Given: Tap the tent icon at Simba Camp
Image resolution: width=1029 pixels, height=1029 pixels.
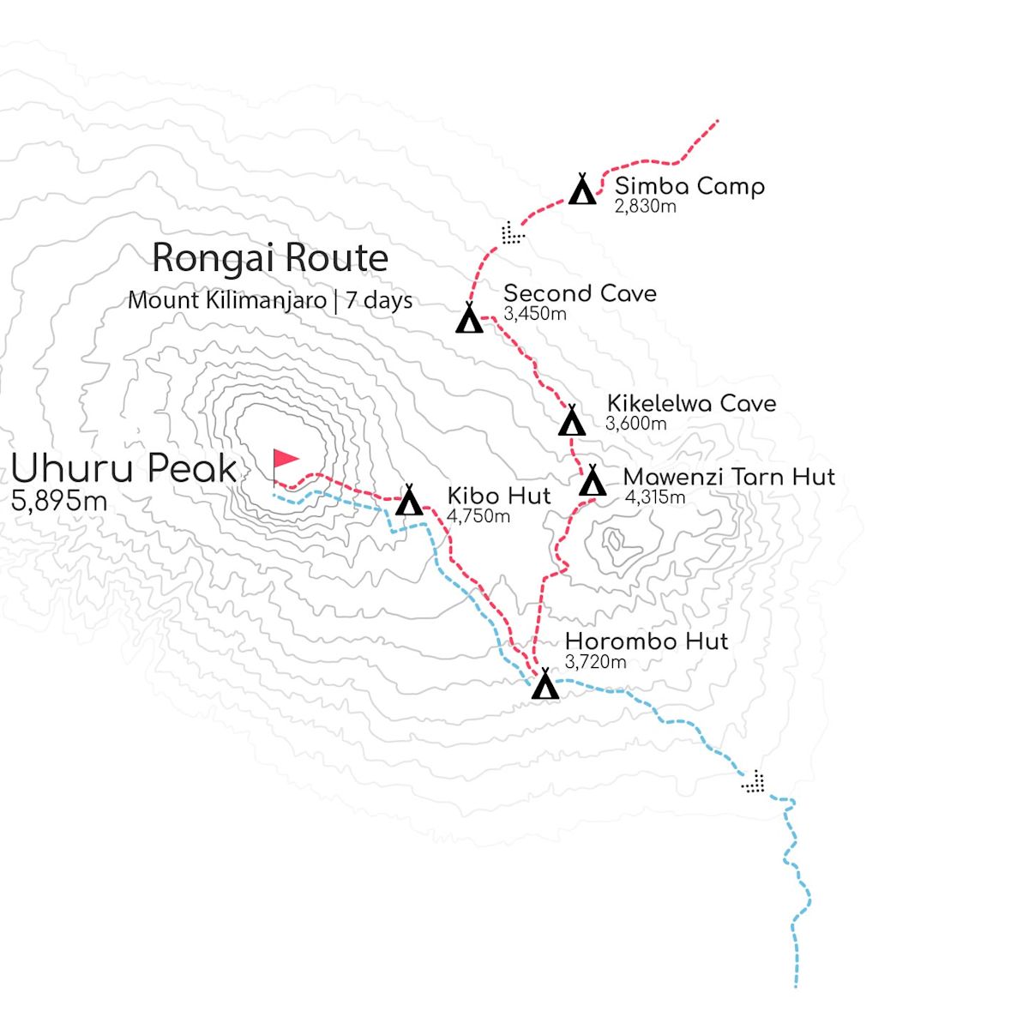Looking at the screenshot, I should tap(583, 190).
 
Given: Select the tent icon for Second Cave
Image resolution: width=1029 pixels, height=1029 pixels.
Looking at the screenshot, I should tap(469, 319).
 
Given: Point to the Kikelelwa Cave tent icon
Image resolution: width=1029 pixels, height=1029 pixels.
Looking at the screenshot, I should tap(572, 421).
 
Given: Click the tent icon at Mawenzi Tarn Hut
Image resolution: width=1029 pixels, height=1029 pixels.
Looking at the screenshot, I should tap(593, 482).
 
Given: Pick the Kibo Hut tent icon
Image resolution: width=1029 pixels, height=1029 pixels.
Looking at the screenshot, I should tap(410, 502).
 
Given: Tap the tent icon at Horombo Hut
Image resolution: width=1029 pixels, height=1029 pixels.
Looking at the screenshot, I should tap(545, 686).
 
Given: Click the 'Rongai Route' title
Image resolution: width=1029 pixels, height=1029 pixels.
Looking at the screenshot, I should tap(270, 258).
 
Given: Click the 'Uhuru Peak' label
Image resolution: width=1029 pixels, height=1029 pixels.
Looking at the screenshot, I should tap(123, 469).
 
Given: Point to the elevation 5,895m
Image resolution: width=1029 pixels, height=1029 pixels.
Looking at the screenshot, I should tap(59, 502).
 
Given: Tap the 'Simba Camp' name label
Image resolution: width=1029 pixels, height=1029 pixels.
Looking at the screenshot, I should tap(689, 186).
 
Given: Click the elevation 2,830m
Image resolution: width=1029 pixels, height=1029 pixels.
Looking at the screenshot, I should tap(645, 206).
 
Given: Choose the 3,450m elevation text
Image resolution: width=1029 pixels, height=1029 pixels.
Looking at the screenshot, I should tap(535, 313).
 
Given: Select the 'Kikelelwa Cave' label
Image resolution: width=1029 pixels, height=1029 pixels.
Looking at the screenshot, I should tap(691, 403).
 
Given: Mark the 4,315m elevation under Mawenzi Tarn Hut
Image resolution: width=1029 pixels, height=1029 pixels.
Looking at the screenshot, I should tap(654, 496).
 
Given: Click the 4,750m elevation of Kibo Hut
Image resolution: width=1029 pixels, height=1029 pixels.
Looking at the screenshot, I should tap(478, 515).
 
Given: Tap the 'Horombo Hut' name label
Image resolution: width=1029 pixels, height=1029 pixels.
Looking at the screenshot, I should tap(647, 641).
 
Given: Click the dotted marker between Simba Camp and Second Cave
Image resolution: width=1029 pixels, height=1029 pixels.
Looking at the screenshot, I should tap(512, 232).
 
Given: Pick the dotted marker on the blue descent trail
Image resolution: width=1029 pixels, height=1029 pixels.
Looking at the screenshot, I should tap(754, 781).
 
